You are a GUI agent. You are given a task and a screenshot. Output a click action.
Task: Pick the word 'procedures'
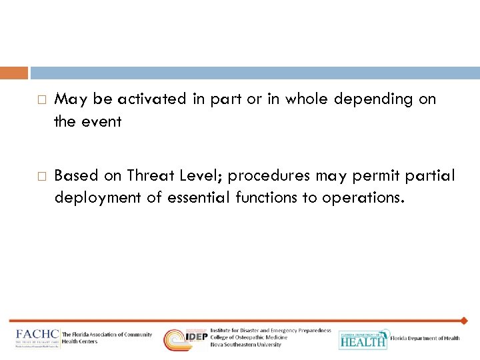pos(266,177)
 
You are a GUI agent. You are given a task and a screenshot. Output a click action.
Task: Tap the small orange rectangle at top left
pos(14,73)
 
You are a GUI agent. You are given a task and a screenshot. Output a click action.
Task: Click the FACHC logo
pos(37,337)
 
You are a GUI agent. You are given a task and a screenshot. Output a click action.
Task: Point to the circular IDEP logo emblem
pos(177,339)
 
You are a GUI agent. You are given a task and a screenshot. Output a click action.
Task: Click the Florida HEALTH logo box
pos(363,339)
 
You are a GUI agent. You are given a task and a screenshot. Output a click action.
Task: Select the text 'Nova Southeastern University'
pos(245,345)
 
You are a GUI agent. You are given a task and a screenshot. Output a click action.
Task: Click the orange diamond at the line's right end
pos(464,321)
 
